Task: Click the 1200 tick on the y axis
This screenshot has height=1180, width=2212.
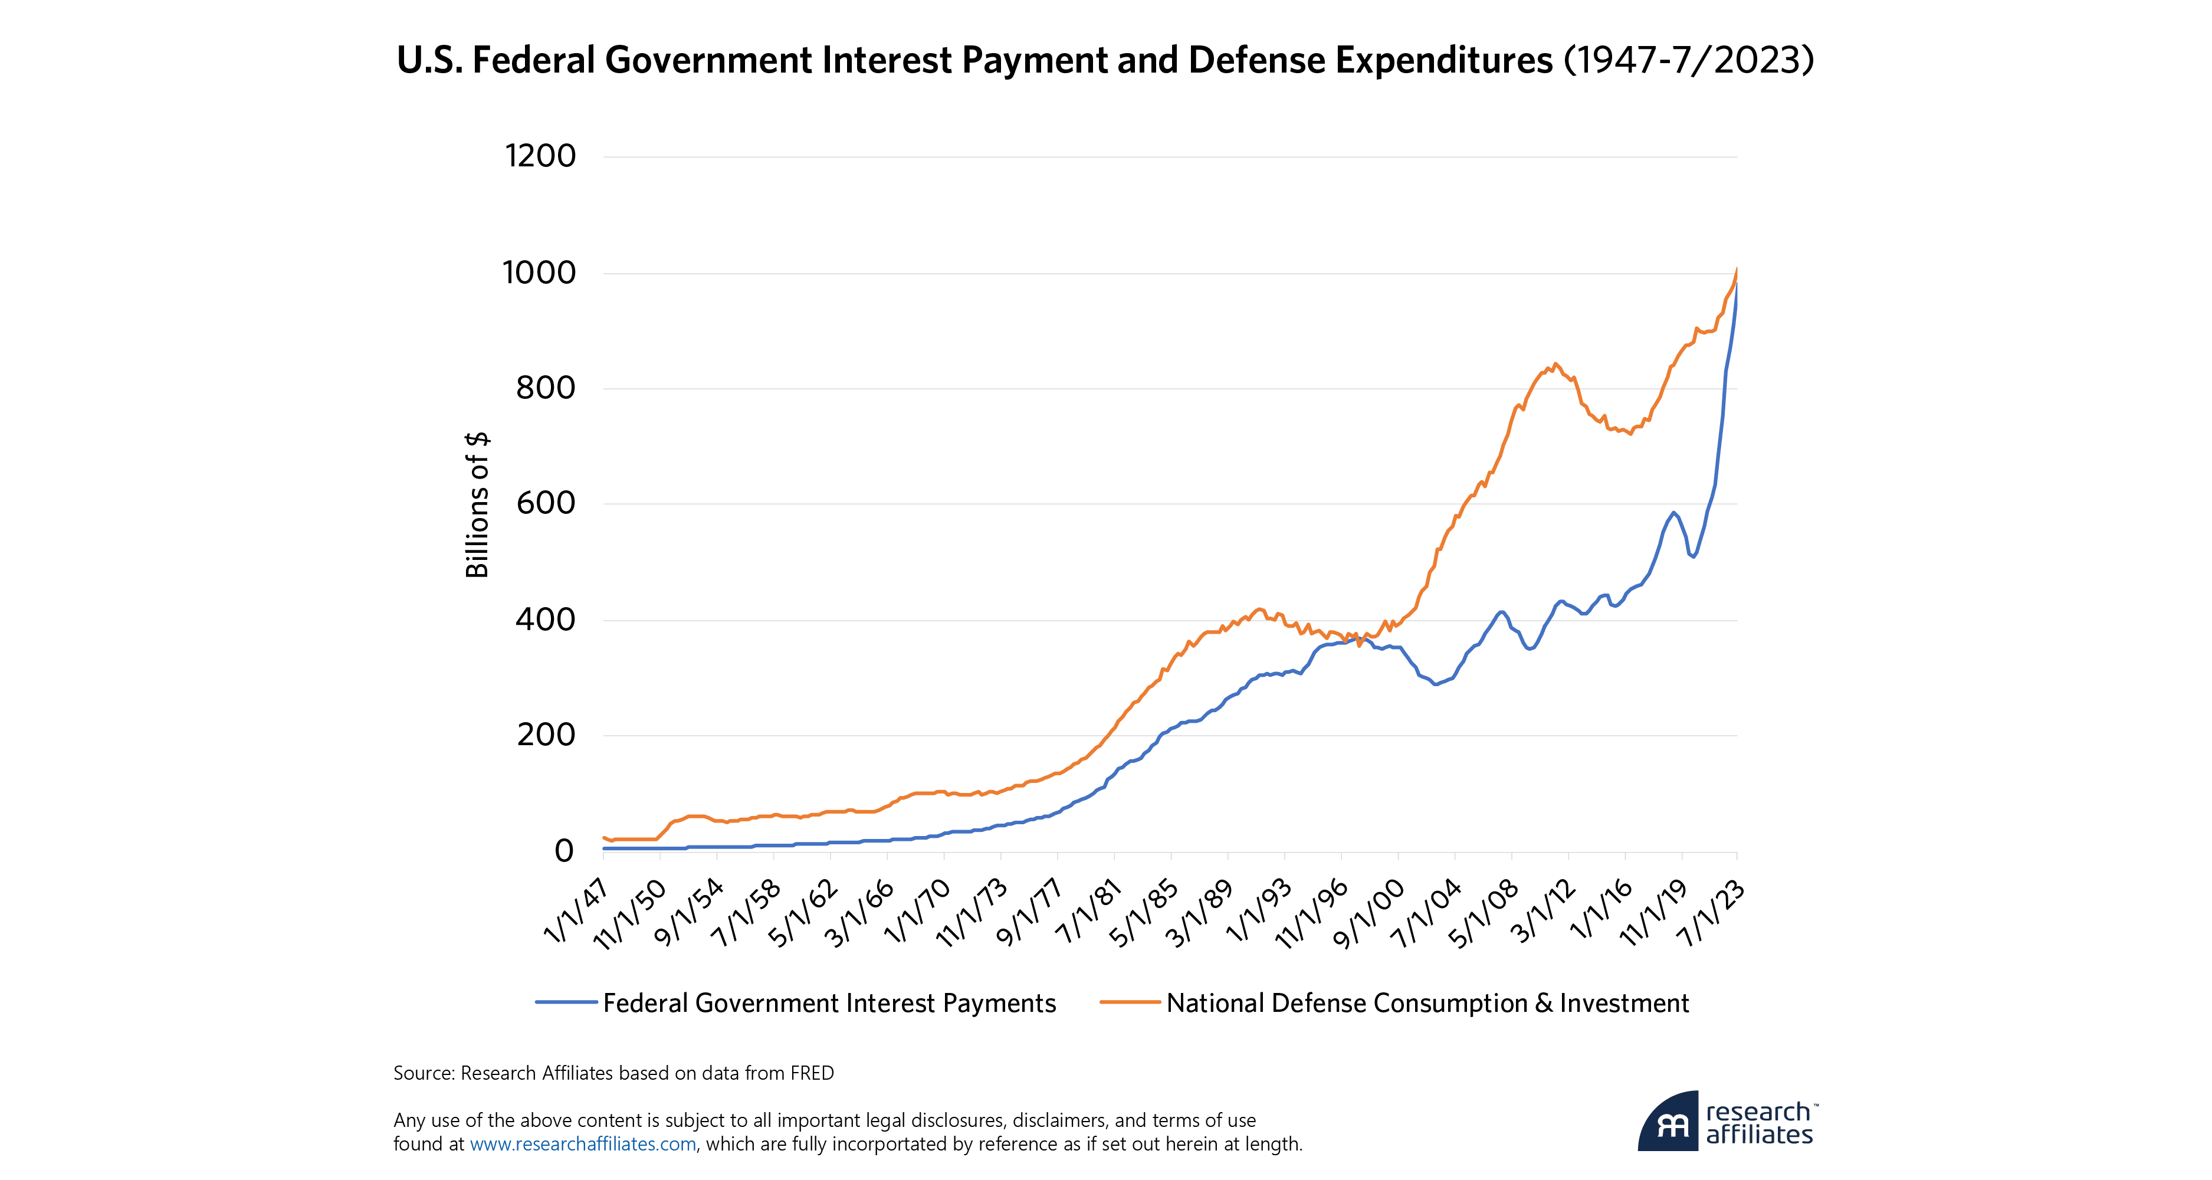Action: (540, 156)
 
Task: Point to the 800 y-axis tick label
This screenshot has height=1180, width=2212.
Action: (545, 388)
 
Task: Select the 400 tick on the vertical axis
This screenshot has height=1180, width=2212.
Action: (545, 619)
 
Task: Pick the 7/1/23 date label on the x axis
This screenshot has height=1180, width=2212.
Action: (1711, 913)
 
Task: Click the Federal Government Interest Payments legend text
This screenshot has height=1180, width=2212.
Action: (829, 1003)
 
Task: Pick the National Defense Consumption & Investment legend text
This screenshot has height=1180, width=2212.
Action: (1427, 1003)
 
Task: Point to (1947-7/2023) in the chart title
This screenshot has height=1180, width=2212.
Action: (1688, 60)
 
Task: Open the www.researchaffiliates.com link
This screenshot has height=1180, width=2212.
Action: (583, 1144)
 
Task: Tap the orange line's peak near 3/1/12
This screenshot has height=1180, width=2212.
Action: (1555, 364)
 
